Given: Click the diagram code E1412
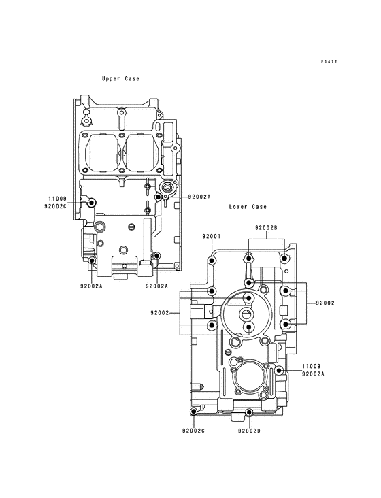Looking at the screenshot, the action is [329, 62].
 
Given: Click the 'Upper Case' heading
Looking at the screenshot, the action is [120, 78].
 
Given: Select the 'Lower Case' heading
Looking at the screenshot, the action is [248, 207].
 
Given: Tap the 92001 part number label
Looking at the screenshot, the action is [212, 236].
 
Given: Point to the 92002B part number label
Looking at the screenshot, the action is [266, 228].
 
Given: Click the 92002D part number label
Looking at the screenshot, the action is [249, 431].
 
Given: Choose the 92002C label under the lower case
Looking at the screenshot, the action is [193, 431].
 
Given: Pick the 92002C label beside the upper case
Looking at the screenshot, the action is [56, 206].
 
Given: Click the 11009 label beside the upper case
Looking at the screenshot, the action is [57, 199].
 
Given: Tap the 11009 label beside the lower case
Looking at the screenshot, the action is [311, 366].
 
